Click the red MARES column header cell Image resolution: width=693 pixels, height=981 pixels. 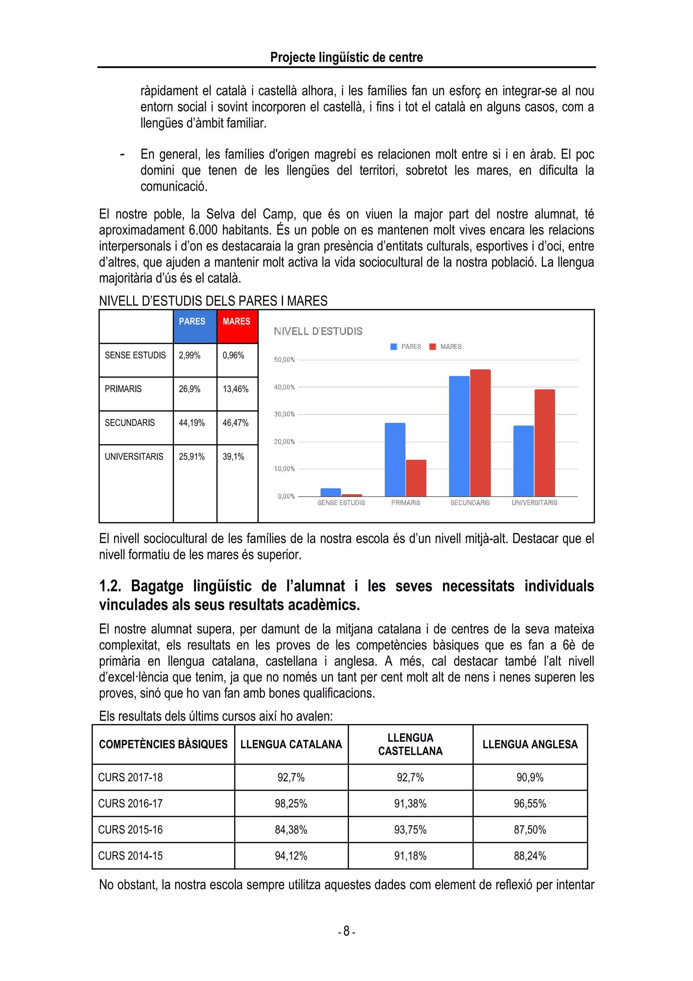[237, 326]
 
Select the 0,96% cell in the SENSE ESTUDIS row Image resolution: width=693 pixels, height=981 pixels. [233, 355]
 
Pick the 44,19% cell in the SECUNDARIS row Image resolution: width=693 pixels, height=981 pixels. [192, 423]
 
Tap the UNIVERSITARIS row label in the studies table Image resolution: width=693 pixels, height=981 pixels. [134, 457]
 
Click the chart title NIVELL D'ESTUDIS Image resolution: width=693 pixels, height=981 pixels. [318, 331]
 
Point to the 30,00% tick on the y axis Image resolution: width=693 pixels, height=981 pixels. [284, 414]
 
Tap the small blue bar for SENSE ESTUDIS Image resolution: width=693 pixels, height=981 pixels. [331, 492]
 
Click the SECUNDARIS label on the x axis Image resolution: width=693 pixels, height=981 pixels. [470, 503]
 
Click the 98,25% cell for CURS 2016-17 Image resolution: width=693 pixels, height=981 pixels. [291, 804]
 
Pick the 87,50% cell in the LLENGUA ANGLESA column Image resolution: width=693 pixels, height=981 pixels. [530, 830]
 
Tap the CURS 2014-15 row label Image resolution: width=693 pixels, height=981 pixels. [130, 856]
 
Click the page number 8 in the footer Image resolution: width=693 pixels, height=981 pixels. [346, 931]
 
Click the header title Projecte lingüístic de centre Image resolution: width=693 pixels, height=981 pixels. [346, 57]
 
